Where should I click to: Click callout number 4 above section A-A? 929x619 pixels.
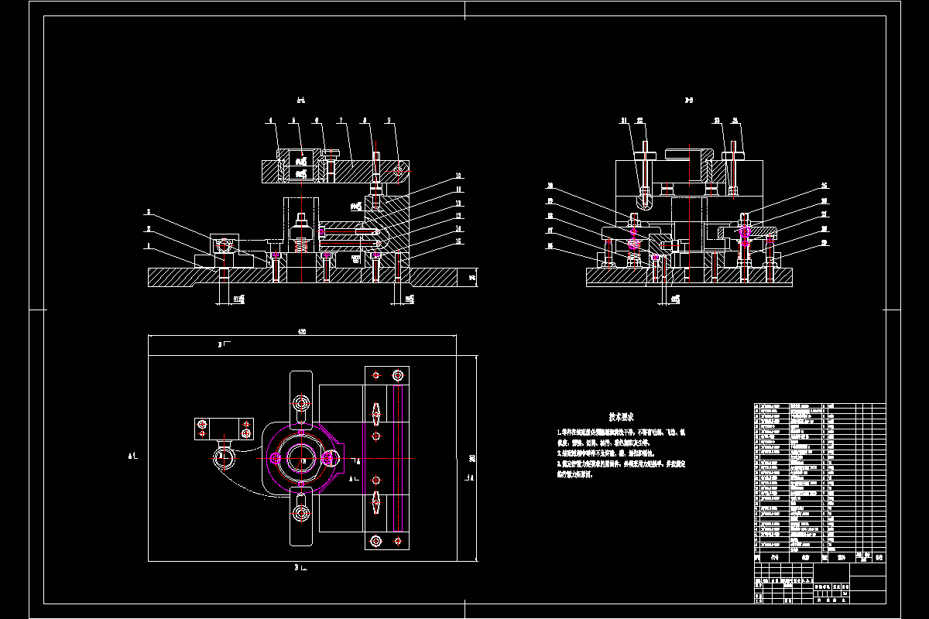point(271,121)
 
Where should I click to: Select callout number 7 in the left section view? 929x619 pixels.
point(341,121)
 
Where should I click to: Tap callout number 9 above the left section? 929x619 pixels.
point(389,121)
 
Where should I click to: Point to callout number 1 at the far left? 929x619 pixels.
point(148,247)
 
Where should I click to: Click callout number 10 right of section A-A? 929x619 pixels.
point(458,175)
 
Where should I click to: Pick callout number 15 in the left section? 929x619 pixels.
point(458,241)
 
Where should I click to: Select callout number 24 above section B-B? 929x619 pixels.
point(735,121)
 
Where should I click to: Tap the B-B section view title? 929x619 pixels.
point(688,100)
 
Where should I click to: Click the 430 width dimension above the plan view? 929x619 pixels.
point(302,332)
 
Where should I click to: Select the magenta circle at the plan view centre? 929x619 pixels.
point(301,459)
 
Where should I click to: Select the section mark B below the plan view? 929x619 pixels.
point(298,569)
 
